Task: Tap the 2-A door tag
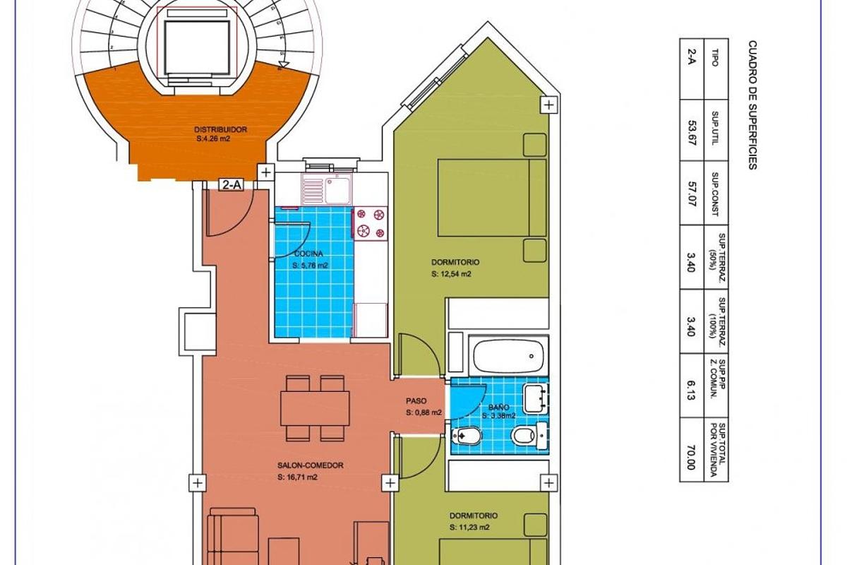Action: (232, 185)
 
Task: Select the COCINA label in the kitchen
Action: (309, 254)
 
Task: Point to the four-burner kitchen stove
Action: (371, 222)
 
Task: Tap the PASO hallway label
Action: (416, 401)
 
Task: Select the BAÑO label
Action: (498, 408)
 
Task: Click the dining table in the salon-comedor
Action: (316, 408)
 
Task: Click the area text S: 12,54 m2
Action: (451, 274)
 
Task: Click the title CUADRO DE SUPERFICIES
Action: (752, 105)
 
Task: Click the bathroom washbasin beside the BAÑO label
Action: (534, 398)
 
